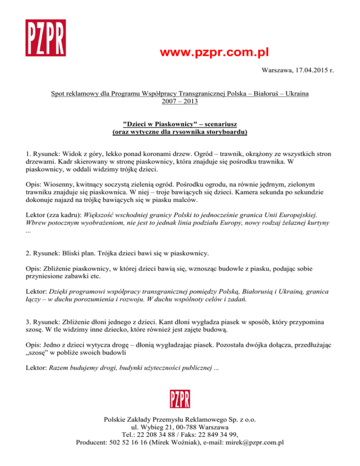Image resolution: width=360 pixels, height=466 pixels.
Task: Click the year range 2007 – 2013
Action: [x=180, y=101]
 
